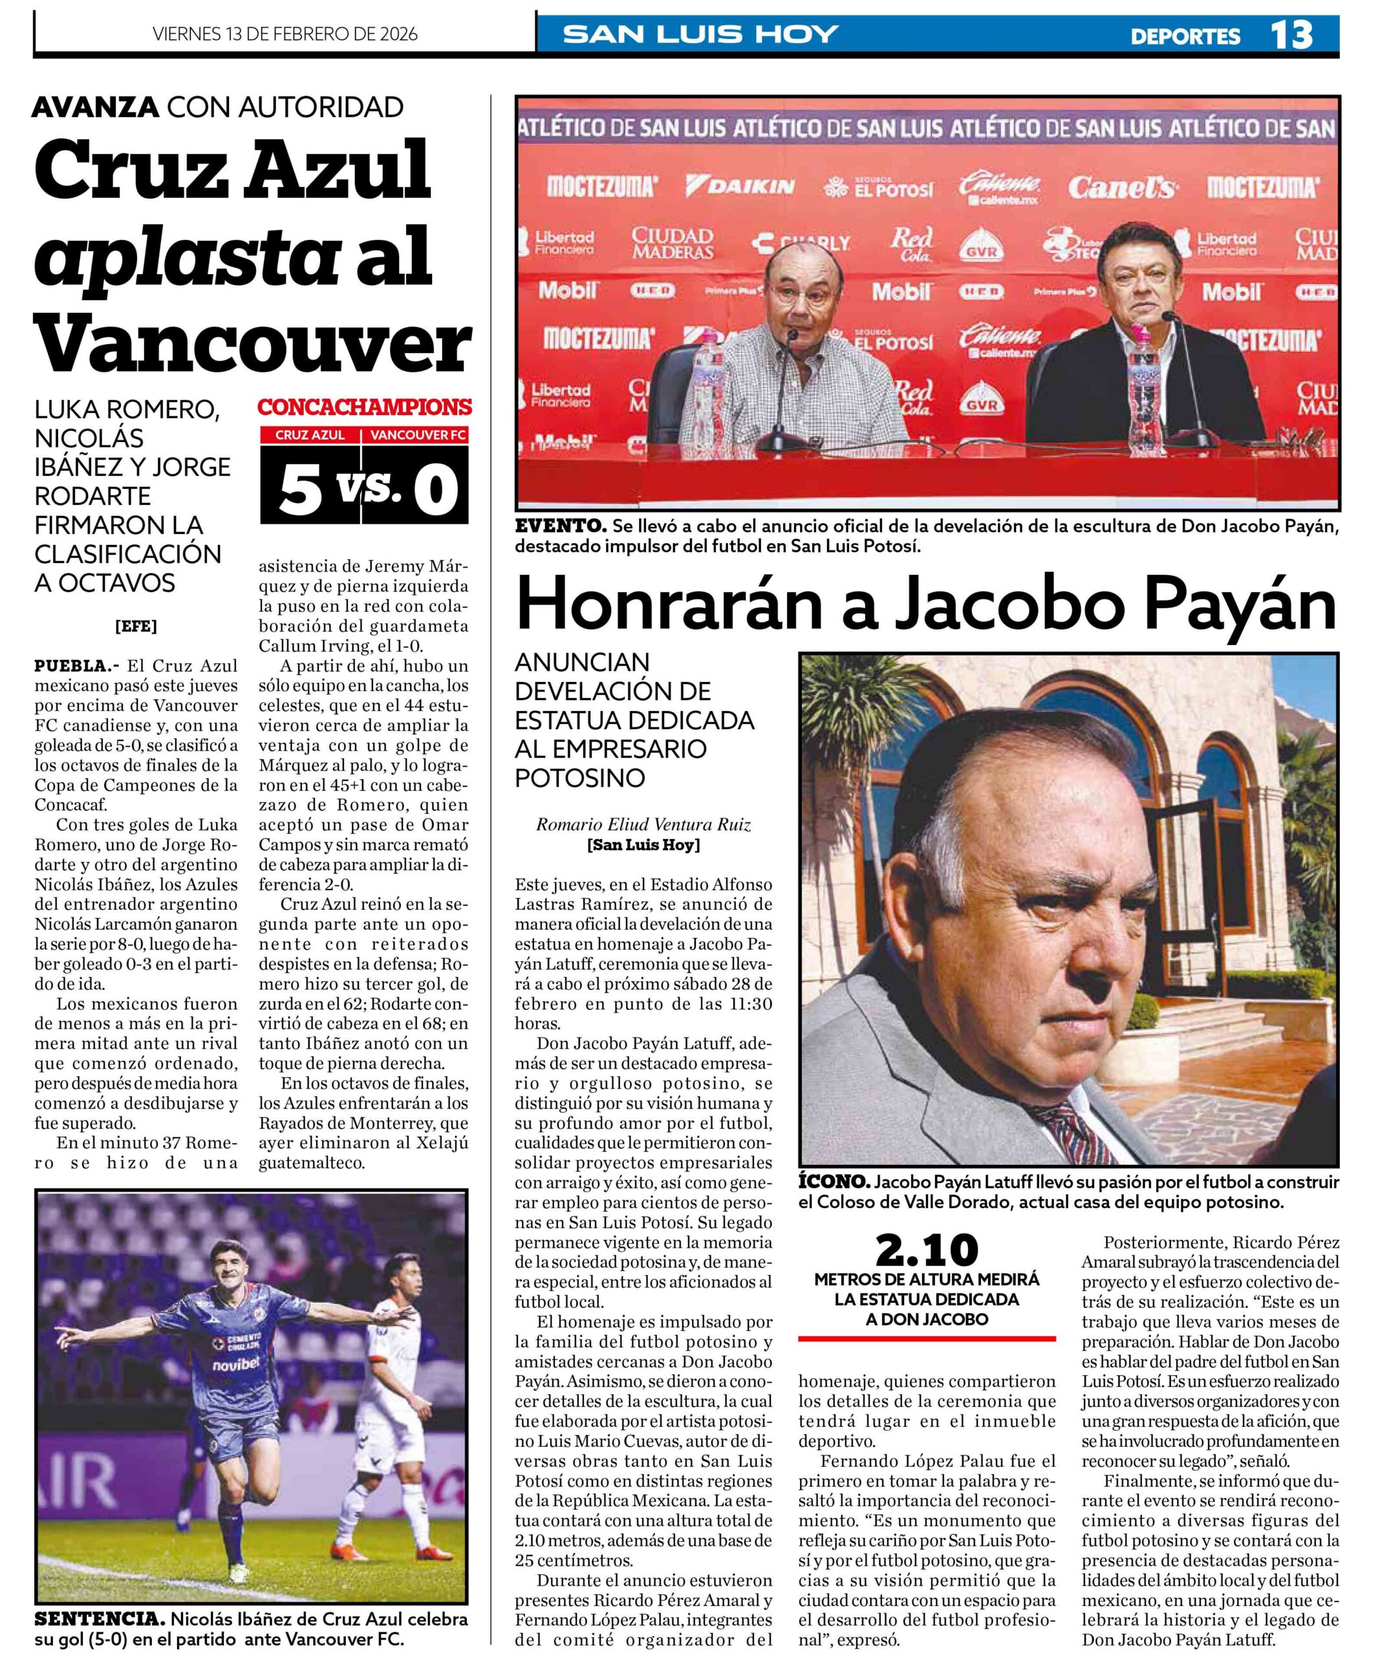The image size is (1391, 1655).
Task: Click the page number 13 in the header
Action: pyautogui.click(x=1291, y=35)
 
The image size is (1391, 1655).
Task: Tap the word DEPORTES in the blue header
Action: pyautogui.click(x=1185, y=36)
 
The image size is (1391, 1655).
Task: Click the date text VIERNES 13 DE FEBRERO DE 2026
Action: pyautogui.click(x=285, y=34)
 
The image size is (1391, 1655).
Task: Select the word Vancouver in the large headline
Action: pyautogui.click(x=252, y=344)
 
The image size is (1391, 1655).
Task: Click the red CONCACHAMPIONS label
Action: pyautogui.click(x=364, y=407)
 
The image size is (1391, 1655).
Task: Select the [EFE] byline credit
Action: pyautogui.click(x=136, y=626)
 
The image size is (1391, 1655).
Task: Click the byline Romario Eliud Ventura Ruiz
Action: pyautogui.click(x=643, y=824)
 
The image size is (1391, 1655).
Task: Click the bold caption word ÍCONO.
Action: pyautogui.click(x=834, y=1183)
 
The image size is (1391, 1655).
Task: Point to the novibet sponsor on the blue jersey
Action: pyautogui.click(x=235, y=1364)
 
